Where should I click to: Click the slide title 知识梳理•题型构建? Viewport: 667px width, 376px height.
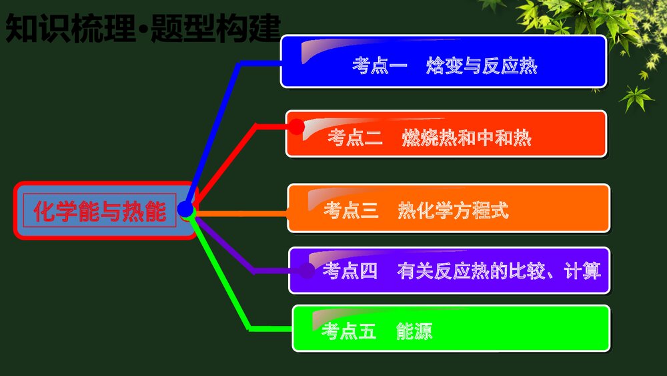coord(142,29)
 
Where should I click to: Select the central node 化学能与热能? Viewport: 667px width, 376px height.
coord(100,211)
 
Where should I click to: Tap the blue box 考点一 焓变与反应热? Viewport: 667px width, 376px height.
coord(443,61)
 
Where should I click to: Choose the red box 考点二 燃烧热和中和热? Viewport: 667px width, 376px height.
coord(446,134)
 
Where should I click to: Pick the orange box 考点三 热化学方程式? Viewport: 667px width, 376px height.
coord(448,208)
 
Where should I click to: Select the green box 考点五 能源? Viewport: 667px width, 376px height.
coord(451,328)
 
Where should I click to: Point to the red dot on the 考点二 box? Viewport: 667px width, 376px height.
coord(297,126)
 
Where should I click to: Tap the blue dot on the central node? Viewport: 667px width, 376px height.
coord(185,210)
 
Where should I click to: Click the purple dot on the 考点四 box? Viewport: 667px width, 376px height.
coord(307,270)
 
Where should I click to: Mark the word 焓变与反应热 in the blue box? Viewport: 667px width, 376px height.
coord(482,66)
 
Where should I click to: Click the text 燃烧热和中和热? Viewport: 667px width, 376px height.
coord(467,138)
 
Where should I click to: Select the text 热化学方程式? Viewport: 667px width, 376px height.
coord(453,210)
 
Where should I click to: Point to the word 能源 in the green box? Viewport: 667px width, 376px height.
coord(414,331)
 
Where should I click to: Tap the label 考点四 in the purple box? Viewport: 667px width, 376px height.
coord(350,271)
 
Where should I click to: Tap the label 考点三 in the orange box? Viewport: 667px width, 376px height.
coord(351,210)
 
